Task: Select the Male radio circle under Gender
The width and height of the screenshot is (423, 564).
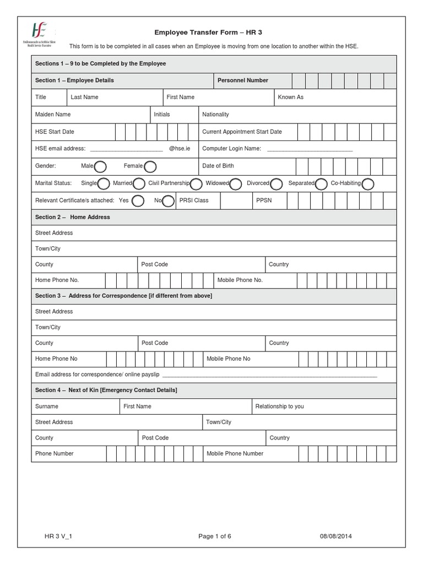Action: click(101, 166)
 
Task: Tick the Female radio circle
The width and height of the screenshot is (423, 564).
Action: click(150, 166)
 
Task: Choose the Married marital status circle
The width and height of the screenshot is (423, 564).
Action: click(139, 183)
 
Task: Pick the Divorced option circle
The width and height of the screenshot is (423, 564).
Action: click(276, 183)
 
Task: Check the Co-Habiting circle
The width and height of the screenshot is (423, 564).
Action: click(368, 183)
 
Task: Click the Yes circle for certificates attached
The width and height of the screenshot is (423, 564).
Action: click(138, 200)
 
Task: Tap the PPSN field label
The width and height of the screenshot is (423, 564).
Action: click(264, 200)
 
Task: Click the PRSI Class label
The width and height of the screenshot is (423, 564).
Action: click(193, 200)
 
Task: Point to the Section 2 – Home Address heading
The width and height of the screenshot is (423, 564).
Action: click(72, 217)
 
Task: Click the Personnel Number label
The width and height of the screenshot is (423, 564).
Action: click(242, 80)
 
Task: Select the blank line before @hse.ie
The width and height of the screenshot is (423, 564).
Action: click(126, 149)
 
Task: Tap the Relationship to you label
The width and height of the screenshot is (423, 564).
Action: click(279, 406)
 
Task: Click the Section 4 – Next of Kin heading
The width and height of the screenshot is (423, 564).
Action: click(106, 390)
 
